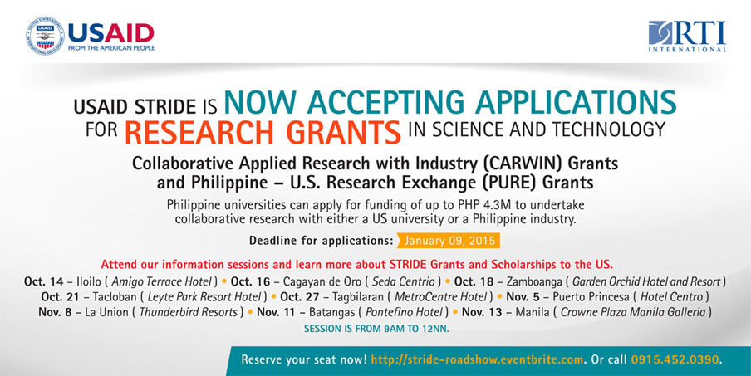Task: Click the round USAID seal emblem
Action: (45, 36)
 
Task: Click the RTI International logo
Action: (687, 36)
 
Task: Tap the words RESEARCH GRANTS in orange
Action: (263, 132)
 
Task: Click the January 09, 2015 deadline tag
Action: (449, 240)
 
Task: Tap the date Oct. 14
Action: (43, 281)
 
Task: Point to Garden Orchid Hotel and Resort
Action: (646, 281)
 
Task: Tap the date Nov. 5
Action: (523, 296)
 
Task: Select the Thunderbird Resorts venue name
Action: (189, 312)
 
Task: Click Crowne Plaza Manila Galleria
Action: (633, 312)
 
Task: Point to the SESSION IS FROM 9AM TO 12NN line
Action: (376, 330)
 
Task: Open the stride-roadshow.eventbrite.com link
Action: (478, 359)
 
